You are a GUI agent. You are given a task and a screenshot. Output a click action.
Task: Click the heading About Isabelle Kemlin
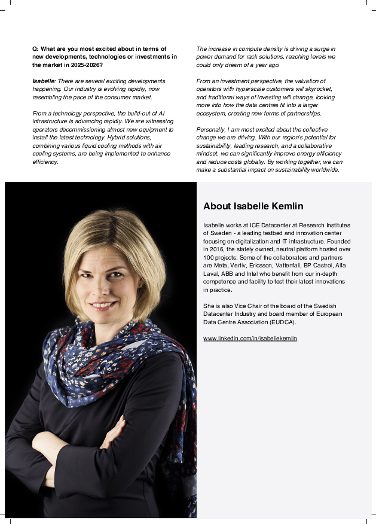point(253,206)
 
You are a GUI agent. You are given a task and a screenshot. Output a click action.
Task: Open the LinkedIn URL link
point(250,339)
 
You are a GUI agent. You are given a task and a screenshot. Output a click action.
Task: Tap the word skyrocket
point(319,89)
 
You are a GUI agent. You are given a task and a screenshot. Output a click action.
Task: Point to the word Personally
point(210,129)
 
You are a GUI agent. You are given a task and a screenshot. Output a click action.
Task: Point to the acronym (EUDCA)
point(282,322)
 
